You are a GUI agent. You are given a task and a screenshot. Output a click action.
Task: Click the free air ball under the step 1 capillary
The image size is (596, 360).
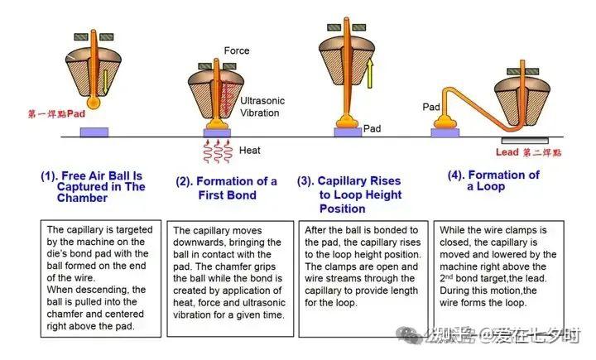[x=93, y=103]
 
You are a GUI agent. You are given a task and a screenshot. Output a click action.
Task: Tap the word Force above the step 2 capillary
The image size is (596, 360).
[x=237, y=50]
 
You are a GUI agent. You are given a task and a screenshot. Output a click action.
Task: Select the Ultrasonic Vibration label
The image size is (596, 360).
[x=262, y=107]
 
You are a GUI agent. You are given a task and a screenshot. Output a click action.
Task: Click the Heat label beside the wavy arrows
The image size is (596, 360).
[x=250, y=150]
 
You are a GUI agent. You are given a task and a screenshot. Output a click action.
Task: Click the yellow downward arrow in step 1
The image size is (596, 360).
[x=106, y=81]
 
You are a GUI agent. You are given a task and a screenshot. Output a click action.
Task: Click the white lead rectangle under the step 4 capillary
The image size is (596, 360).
[x=525, y=140]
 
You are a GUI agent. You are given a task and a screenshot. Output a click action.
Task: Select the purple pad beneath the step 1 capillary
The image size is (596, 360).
[x=94, y=132]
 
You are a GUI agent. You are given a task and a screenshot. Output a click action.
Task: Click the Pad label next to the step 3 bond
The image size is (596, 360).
[x=372, y=128]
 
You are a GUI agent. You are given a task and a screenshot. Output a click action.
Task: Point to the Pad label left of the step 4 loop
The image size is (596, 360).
[x=431, y=107]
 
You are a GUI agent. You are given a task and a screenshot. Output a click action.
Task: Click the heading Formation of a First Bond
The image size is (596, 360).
[x=227, y=188]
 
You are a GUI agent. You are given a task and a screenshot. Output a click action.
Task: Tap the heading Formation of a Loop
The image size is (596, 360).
[x=493, y=180]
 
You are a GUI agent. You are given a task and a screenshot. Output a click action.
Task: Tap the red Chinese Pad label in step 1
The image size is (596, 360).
[x=56, y=113]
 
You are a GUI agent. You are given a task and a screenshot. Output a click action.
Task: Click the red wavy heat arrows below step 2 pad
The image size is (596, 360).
[x=218, y=151]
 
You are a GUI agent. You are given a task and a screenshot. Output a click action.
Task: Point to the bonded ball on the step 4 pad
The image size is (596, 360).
[x=445, y=122]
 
